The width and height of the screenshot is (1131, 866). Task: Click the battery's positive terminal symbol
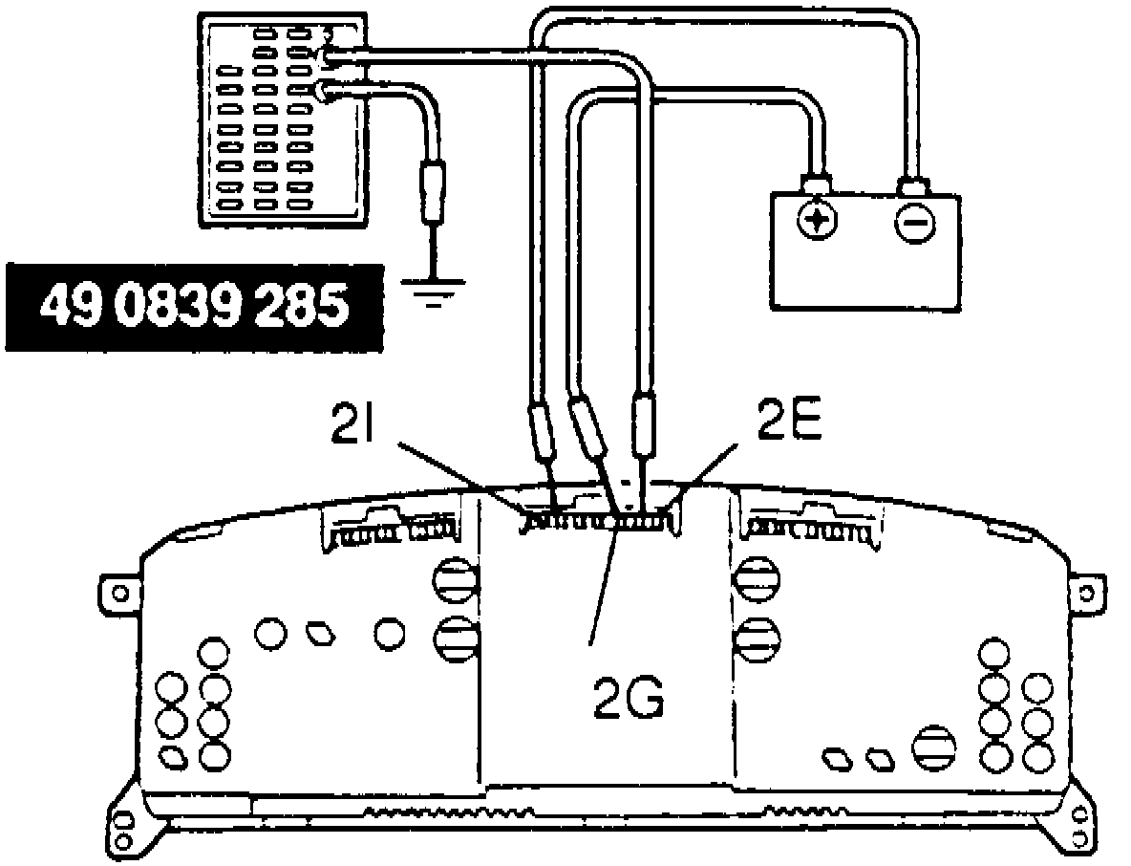pyautogui.click(x=817, y=222)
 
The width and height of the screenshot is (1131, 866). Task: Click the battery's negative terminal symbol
pyautogui.click(x=913, y=222)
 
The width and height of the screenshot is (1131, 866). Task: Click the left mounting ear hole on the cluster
pyautogui.click(x=119, y=593)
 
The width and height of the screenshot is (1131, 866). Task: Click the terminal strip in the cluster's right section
pyautogui.click(x=813, y=528)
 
